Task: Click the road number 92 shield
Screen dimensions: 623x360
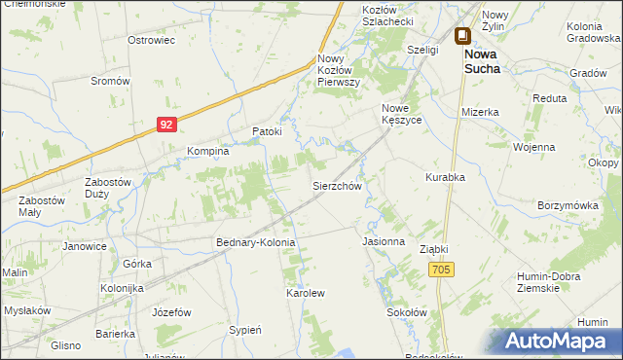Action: pos(168,125)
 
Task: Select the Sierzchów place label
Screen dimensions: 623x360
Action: pos(337,185)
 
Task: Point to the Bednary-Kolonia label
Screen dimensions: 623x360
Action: pos(255,241)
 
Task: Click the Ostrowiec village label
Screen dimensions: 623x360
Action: pos(151,40)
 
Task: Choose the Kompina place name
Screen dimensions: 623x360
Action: pos(207,151)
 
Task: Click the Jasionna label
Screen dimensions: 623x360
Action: pos(383,240)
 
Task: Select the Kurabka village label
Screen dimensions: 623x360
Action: pos(445,178)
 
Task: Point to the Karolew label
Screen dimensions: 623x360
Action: pos(304,292)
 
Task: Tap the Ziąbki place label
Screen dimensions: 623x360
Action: pos(435,249)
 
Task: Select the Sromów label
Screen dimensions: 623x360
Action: pos(110,81)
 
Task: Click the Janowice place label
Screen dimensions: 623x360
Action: pos(85,246)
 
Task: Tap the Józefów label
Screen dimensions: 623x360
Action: pos(169,312)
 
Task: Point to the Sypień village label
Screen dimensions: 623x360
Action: pos(244,330)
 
